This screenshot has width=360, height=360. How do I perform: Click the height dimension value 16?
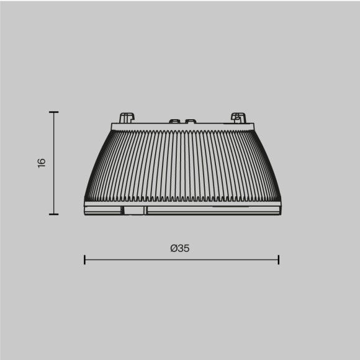point(42,163)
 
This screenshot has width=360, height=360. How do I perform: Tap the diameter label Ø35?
point(180,248)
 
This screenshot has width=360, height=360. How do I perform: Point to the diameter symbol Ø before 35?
point(174,248)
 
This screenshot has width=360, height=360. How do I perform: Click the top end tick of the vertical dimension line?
point(53,112)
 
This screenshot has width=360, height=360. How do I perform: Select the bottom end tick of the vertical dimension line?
point(53,214)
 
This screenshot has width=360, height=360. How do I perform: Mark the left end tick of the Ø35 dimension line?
point(84,259)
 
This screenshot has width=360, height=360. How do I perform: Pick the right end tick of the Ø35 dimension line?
point(279,259)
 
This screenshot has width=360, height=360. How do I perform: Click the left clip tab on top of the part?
point(127,118)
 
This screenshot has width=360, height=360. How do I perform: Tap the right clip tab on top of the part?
point(238,118)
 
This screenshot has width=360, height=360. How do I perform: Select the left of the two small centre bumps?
point(174,121)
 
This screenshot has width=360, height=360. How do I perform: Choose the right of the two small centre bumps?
point(191,121)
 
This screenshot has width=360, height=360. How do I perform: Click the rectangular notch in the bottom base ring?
point(133,210)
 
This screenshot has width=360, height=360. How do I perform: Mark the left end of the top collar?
point(113,127)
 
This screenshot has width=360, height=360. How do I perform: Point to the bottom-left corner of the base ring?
point(85,213)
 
